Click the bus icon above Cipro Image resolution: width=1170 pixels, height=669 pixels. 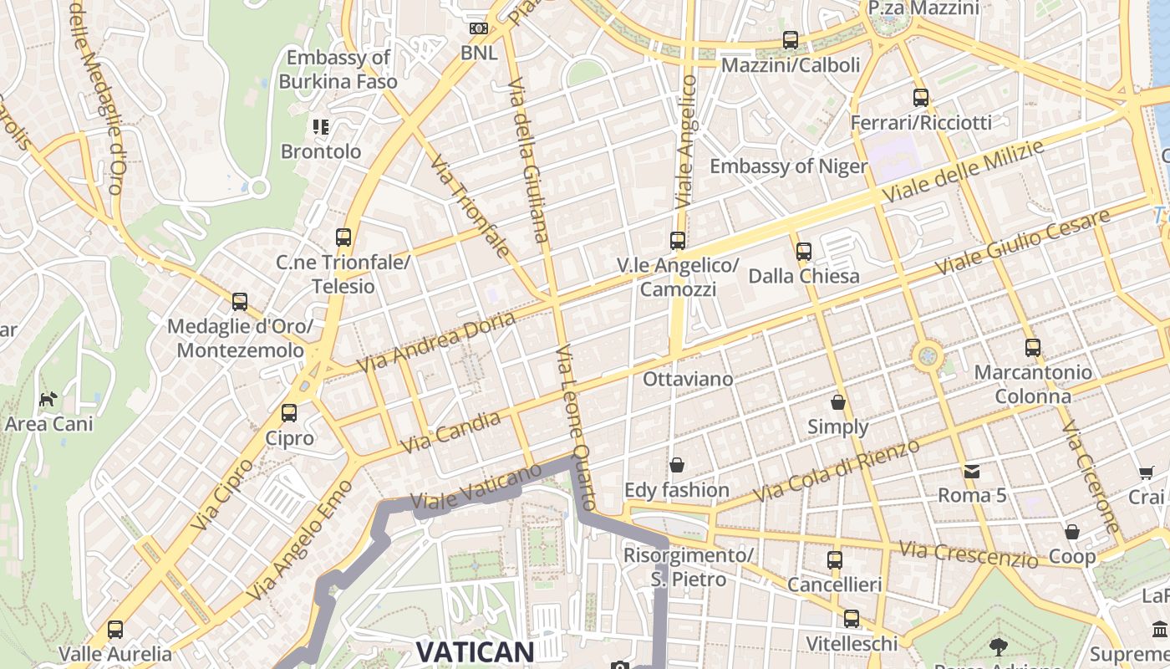click(x=289, y=412)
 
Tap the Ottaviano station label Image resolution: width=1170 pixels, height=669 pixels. click(x=688, y=379)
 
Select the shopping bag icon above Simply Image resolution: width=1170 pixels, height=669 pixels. click(x=838, y=402)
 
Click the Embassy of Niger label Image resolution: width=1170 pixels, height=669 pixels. click(x=788, y=166)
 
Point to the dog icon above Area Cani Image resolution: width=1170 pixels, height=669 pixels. click(x=48, y=399)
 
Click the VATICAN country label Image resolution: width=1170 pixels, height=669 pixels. click(x=475, y=651)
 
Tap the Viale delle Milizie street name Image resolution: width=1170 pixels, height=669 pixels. click(x=963, y=171)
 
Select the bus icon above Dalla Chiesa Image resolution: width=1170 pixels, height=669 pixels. click(x=804, y=250)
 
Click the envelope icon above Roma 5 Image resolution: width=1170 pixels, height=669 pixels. click(x=971, y=471)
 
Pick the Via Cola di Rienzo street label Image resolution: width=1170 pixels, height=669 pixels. click(x=836, y=471)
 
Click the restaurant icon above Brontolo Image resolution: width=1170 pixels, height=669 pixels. click(x=321, y=127)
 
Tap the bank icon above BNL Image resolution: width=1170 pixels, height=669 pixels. click(x=479, y=28)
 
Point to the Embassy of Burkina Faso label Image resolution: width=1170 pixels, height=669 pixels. click(x=338, y=69)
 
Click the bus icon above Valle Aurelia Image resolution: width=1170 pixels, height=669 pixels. click(x=115, y=629)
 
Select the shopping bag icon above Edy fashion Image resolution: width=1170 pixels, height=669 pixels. click(x=677, y=464)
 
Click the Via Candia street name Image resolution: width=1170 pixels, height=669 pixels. click(x=451, y=432)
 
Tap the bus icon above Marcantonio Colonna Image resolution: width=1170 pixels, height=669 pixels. click(x=1033, y=347)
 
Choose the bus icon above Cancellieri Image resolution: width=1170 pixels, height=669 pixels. click(x=835, y=559)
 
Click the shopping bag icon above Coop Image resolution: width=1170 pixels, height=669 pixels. click(x=1072, y=531)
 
